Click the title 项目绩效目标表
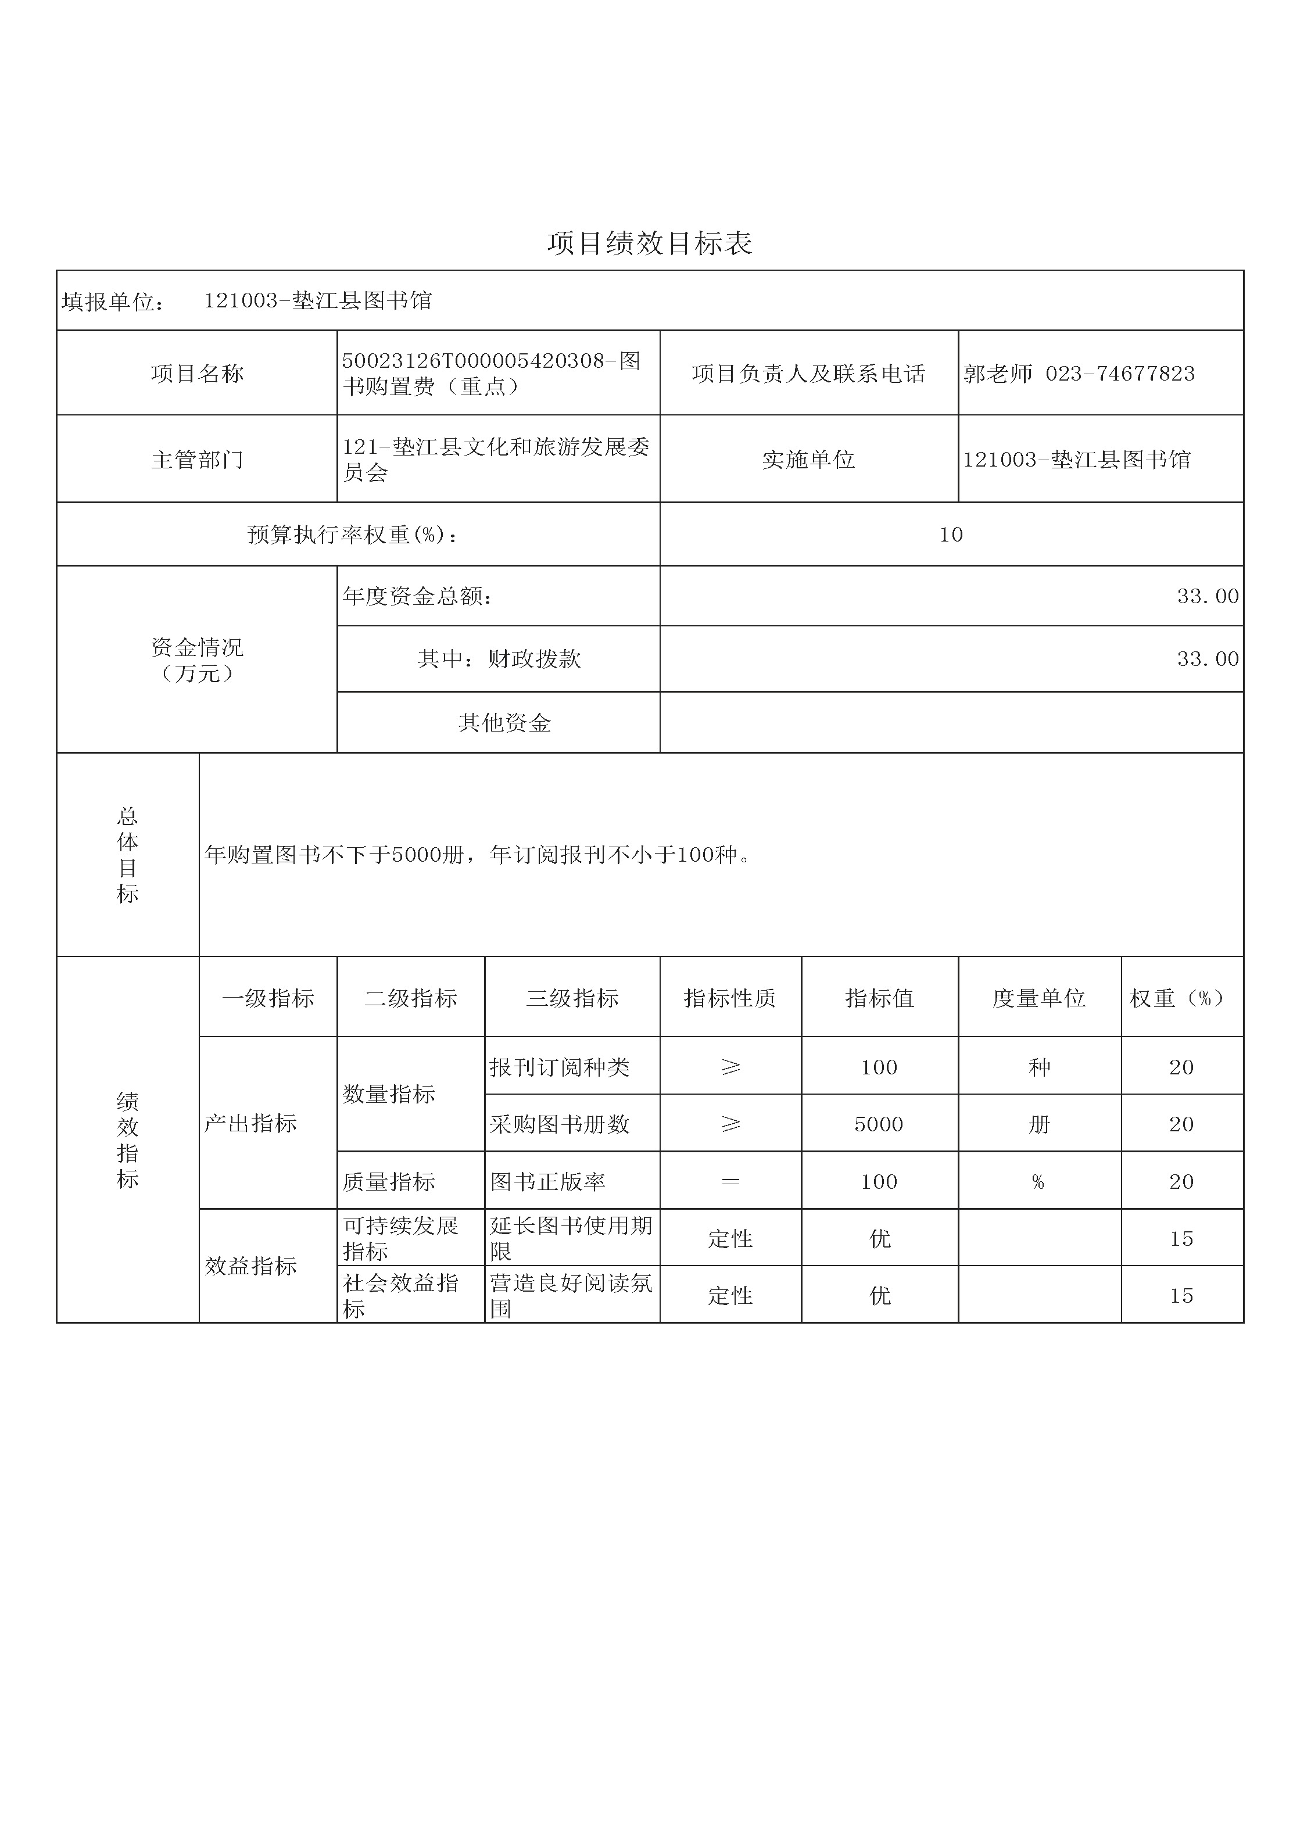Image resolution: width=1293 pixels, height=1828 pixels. tap(649, 243)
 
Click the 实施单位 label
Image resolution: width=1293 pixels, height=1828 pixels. tap(808, 460)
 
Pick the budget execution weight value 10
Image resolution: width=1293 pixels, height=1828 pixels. tap(951, 534)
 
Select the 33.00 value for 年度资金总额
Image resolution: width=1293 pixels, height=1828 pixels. tap(1207, 596)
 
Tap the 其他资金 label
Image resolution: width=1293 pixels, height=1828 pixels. tap(504, 723)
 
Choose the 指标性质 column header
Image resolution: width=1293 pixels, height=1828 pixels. tap(729, 998)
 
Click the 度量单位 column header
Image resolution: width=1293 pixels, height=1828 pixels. tap(1039, 998)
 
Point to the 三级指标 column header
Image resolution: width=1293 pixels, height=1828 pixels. tap(572, 998)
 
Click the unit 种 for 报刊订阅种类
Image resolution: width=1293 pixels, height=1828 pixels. tap(1039, 1067)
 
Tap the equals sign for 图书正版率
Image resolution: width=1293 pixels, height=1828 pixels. tap(729, 1181)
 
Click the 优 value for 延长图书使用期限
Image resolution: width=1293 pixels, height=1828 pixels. tap(879, 1239)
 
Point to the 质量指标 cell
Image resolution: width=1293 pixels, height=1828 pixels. tap(389, 1181)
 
